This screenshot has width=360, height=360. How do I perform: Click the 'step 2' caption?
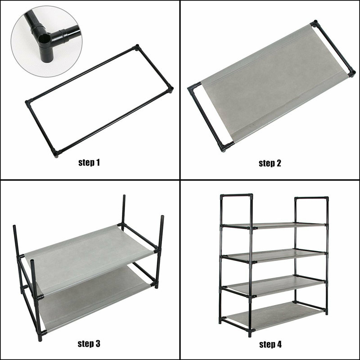click(x=270, y=163)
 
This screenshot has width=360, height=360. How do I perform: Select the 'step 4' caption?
click(x=270, y=345)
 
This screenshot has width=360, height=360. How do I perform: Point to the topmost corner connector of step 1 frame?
click(x=137, y=47)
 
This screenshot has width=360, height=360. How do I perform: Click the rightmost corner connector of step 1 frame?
click(x=170, y=90)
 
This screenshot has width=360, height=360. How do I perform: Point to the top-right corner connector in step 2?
click(x=314, y=22)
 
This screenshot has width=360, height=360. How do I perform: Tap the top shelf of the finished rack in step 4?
click(x=274, y=225)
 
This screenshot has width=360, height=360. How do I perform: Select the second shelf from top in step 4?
click(x=274, y=255)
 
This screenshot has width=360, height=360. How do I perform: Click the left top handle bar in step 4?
click(x=236, y=196)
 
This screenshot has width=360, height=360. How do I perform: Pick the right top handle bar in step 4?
click(x=311, y=198)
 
